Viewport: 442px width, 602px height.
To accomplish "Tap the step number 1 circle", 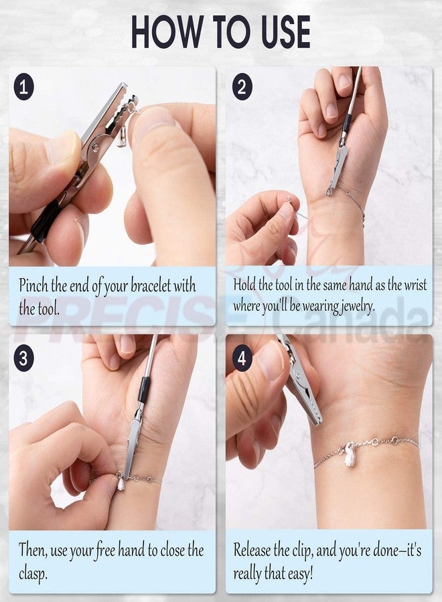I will click(x=24, y=88).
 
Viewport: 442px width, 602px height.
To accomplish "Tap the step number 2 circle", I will click(x=242, y=88).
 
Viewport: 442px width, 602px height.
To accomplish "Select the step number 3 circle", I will click(x=24, y=357).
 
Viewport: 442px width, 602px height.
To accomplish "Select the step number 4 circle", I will click(x=242, y=357).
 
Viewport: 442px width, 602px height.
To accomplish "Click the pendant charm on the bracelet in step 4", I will click(x=349, y=453).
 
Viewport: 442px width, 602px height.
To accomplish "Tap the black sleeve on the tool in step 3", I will click(x=144, y=389).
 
